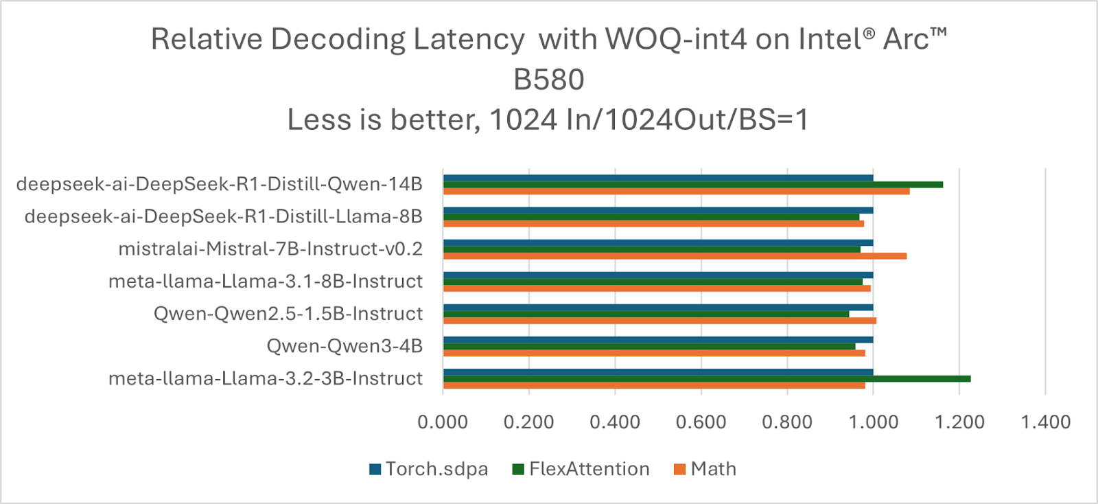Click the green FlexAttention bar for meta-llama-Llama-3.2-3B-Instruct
coord(707,378)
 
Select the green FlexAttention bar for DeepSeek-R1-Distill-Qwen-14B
coord(693,184)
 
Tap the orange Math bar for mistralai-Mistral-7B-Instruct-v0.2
coord(675,256)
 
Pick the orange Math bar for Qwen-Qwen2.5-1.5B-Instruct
coord(659,321)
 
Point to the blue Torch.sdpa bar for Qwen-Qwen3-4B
coord(658,339)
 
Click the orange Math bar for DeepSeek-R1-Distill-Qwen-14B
coord(676,191)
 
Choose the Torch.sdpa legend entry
coord(428,469)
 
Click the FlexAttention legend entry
coord(581,469)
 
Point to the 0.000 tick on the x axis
coord(443,422)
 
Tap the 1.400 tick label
coord(1045,422)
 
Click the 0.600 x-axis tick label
coord(701,422)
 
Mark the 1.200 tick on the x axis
coord(959,422)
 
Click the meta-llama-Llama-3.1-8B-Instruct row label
coord(265,282)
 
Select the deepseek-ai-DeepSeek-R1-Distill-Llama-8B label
coord(223,217)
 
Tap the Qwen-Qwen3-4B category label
coord(344,346)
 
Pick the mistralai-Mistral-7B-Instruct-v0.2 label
coord(270,249)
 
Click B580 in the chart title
coord(548,80)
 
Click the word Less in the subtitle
coord(316,120)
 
